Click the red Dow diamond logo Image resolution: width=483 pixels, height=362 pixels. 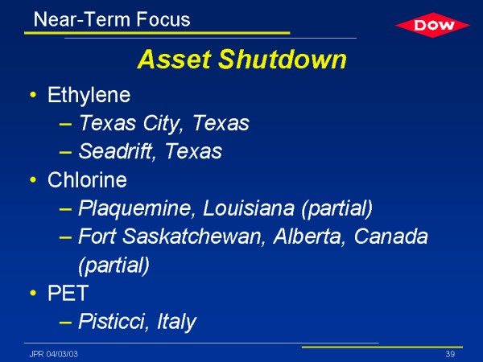tap(432, 25)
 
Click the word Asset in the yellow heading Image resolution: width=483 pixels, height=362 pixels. tap(175, 59)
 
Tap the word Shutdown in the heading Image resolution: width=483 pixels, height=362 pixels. tap(283, 59)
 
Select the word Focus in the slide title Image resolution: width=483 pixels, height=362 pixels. tap(163, 19)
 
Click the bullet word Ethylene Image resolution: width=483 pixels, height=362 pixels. tap(89, 95)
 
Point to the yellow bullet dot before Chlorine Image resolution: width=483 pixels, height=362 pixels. tap(33, 179)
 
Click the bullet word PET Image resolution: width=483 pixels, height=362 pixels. tap(68, 293)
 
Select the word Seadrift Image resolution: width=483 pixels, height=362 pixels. tap(116, 151)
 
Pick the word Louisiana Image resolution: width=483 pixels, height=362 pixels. tap(248, 208)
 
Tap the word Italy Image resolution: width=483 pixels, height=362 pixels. tap(176, 322)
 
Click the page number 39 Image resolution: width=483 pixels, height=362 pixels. tap(450, 354)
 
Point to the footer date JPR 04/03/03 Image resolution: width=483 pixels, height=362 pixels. tap(54, 354)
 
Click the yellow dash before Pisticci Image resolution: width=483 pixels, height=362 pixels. tap(66, 323)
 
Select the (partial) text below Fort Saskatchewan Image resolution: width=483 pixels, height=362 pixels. tap(114, 265)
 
